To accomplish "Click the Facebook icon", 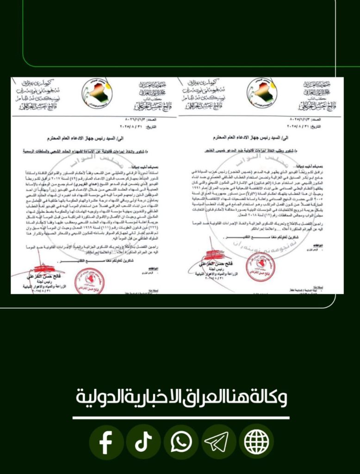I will click(106, 442).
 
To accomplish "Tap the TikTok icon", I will click(143, 442).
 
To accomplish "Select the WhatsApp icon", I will click(181, 442).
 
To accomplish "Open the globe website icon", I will click(256, 442).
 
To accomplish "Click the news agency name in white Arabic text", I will click(181, 397).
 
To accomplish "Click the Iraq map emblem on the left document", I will click(97, 93).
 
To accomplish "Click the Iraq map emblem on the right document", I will click(262, 93).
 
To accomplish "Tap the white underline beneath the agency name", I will click(181, 418).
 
